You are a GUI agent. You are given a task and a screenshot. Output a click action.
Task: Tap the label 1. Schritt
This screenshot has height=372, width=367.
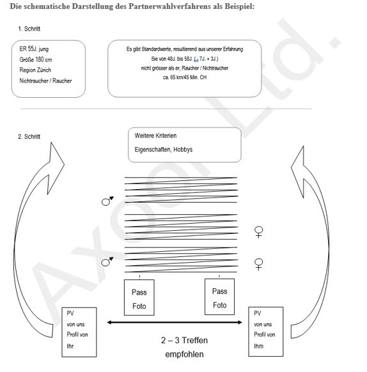click(x=29, y=29)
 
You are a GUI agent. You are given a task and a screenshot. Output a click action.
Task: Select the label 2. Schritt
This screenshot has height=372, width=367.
click(x=29, y=136)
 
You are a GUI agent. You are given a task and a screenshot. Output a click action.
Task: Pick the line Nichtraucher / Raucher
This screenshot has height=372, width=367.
click(x=45, y=81)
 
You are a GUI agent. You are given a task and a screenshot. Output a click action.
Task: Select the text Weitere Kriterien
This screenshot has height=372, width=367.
click(x=155, y=136)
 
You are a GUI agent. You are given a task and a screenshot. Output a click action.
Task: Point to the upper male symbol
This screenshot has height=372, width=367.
click(x=107, y=201)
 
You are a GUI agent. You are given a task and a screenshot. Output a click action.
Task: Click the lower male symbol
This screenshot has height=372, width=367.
click(x=107, y=261)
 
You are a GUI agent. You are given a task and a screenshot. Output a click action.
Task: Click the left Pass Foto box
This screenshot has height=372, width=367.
click(x=139, y=298)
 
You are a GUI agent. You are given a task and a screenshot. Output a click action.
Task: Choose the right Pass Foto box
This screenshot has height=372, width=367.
click(x=219, y=298)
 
